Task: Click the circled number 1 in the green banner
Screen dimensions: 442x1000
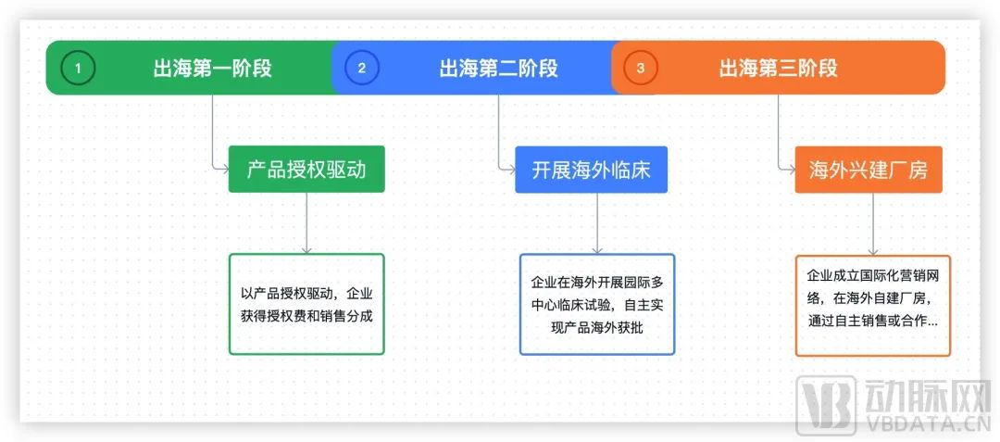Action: pyautogui.click(x=78, y=68)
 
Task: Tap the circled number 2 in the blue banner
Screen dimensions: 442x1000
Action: pyautogui.click(x=361, y=68)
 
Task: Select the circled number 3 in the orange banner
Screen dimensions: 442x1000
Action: pyautogui.click(x=641, y=68)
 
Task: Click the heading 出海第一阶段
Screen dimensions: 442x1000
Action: pyautogui.click(x=213, y=68)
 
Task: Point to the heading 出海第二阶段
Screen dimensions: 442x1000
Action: pyautogui.click(x=498, y=68)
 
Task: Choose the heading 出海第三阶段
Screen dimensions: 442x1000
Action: pyautogui.click(x=778, y=68)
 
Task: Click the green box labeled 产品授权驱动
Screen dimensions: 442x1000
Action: pyautogui.click(x=306, y=170)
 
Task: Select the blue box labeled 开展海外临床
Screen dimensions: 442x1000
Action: pyautogui.click(x=591, y=170)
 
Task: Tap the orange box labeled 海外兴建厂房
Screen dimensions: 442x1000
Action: pyautogui.click(x=869, y=170)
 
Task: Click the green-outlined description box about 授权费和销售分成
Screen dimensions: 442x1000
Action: pyautogui.click(x=306, y=304)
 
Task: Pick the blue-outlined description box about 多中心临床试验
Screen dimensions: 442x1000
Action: pyautogui.click(x=597, y=304)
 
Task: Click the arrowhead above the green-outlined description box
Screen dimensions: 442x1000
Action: pyautogui.click(x=306, y=249)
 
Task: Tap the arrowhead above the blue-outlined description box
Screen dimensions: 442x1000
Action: pyautogui.click(x=597, y=249)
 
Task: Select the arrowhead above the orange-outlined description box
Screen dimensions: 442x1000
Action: pyautogui.click(x=872, y=251)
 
